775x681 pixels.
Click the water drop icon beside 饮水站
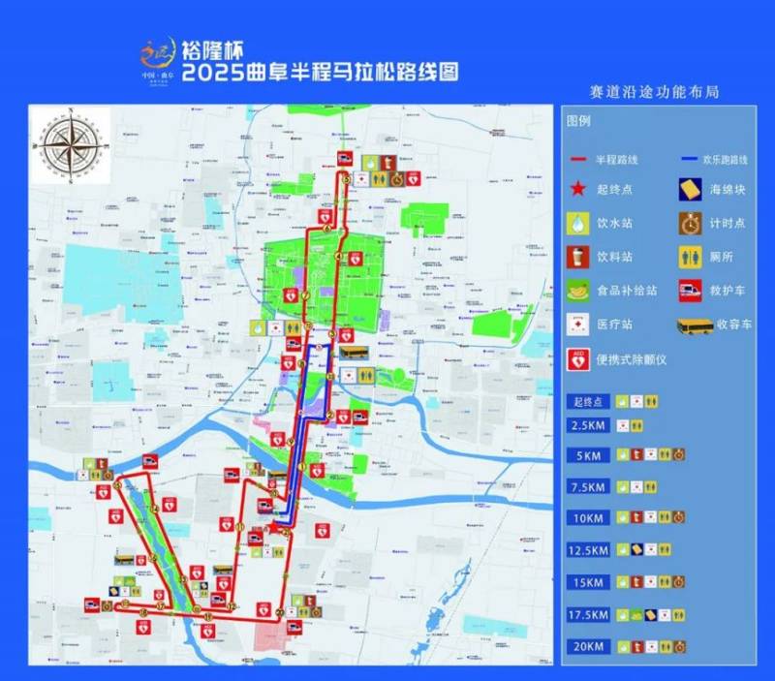(578, 222)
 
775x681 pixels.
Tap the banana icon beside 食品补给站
(578, 290)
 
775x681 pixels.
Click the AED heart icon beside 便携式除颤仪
(578, 359)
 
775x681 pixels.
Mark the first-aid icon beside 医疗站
(578, 325)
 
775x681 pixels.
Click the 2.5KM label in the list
(589, 426)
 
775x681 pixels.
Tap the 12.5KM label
(589, 550)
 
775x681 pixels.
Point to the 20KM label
(589, 646)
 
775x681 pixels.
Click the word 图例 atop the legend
(578, 121)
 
